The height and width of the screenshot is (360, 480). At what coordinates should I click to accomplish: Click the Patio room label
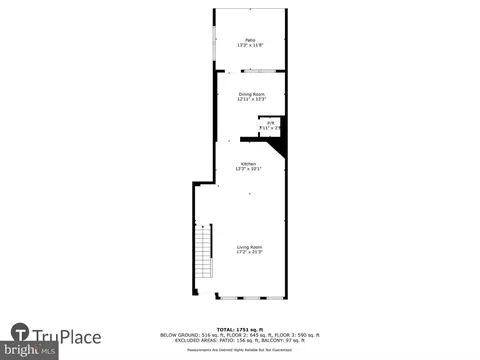[250, 39]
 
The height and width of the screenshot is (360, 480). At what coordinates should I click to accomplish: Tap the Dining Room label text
[251, 94]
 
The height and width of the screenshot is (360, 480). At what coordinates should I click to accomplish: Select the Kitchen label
[249, 163]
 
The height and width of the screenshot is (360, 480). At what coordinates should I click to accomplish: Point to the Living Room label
[249, 246]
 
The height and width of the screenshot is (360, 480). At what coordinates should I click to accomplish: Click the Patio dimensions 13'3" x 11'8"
[250, 45]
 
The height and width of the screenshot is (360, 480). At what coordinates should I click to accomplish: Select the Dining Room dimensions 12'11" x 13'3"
[251, 100]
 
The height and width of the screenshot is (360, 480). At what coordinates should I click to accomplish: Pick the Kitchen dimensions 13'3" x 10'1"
[249, 169]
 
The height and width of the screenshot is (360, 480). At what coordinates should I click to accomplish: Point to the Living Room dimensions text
[249, 252]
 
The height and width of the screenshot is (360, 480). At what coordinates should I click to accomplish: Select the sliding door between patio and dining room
[264, 71]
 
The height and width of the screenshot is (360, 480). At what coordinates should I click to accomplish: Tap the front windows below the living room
[251, 297]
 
